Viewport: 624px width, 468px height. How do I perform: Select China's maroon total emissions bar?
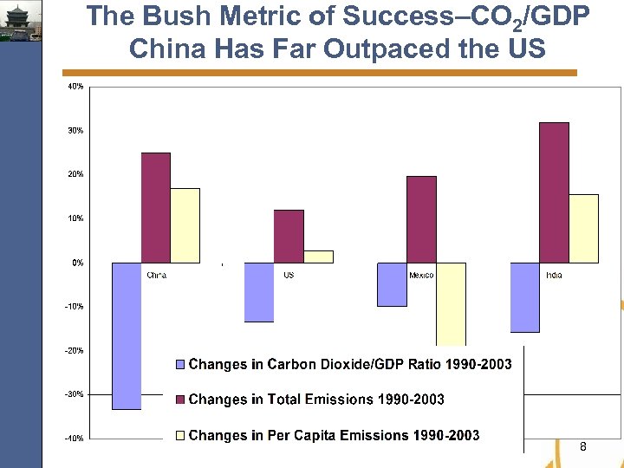point(156,208)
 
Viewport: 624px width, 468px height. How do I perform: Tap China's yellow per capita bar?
point(185,225)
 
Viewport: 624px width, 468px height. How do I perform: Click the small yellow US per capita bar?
point(318,257)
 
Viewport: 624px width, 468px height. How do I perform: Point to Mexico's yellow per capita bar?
point(451,303)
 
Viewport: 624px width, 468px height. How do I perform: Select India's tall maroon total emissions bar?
point(554,192)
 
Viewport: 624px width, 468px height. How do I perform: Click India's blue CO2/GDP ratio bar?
point(524,297)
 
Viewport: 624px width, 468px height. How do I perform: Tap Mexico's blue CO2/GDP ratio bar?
point(392,284)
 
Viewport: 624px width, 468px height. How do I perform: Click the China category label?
point(156,275)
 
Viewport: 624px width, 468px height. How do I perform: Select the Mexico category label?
point(421,275)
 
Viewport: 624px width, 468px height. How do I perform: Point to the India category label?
point(554,275)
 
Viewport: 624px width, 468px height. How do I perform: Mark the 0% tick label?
point(77,263)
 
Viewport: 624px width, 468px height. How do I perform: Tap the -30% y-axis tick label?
point(75,394)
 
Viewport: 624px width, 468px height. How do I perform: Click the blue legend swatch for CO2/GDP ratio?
point(180,365)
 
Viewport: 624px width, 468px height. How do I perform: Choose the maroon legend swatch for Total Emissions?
point(180,400)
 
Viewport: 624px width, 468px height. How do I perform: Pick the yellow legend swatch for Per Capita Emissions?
point(180,435)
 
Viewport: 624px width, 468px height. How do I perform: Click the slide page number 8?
point(582,446)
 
